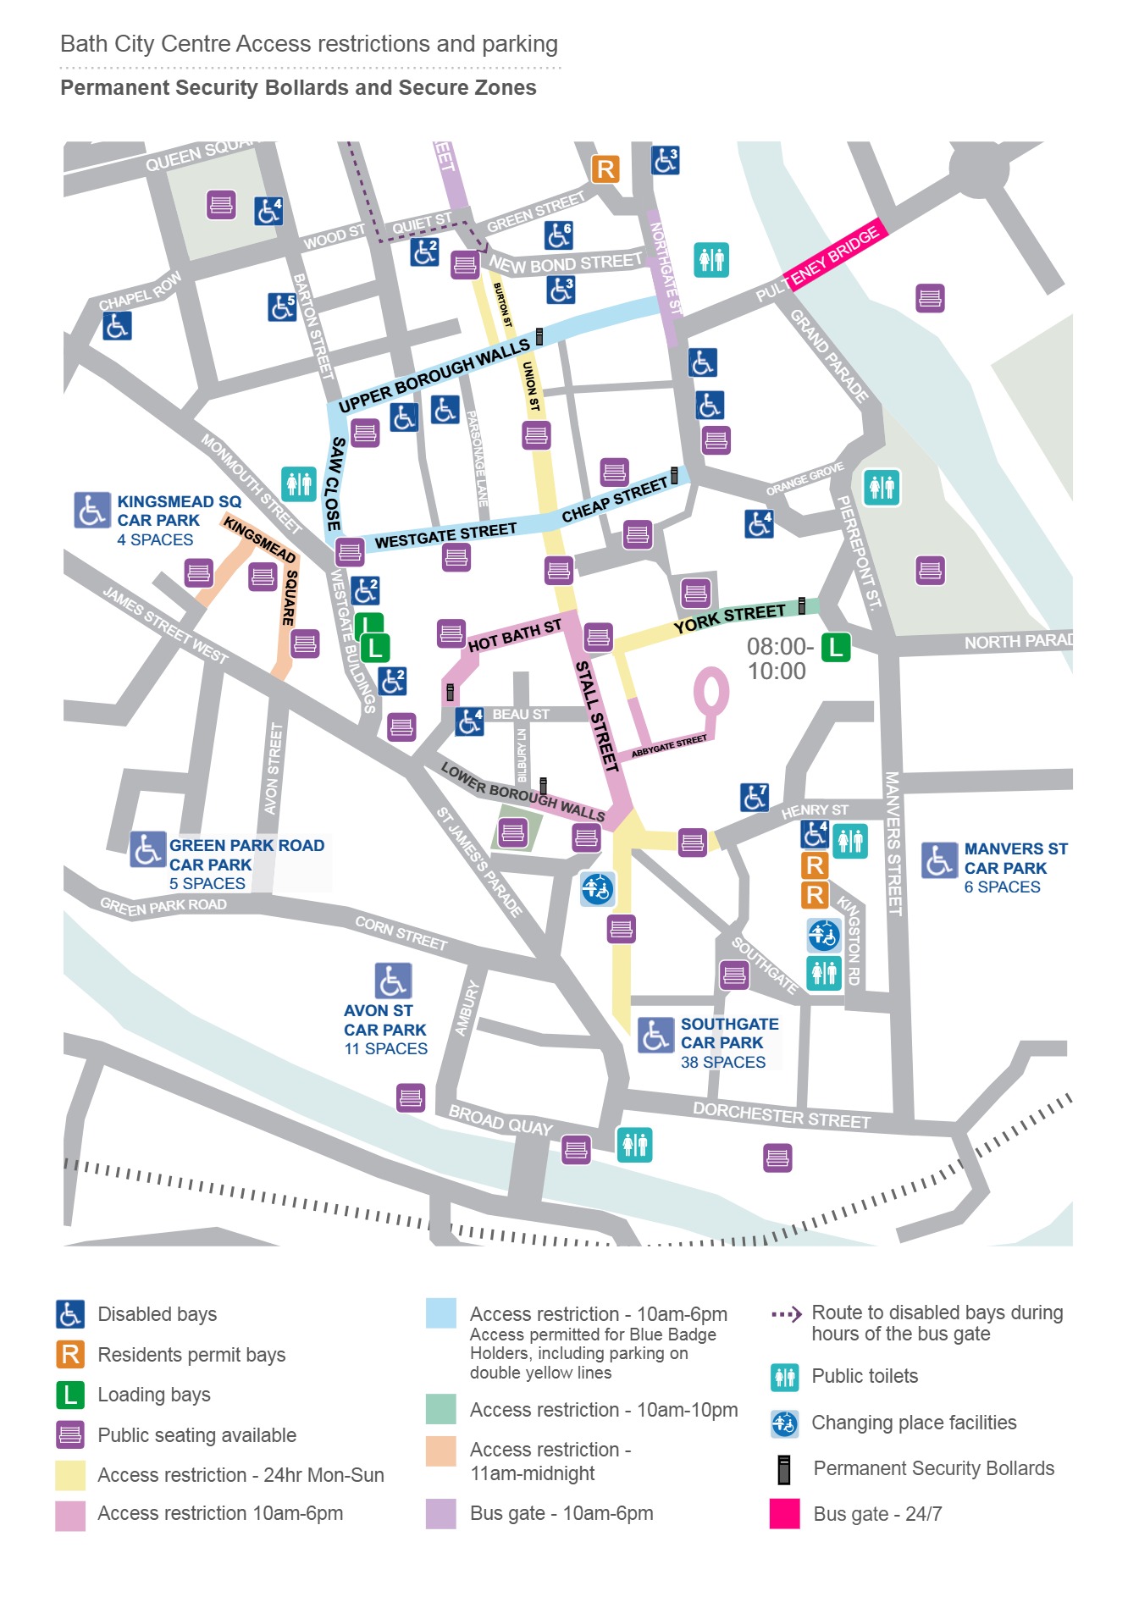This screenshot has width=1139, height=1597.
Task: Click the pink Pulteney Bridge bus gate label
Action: click(x=834, y=257)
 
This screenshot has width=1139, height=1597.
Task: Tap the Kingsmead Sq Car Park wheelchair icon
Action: click(x=91, y=511)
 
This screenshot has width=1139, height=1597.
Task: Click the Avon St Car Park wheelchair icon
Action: click(x=393, y=981)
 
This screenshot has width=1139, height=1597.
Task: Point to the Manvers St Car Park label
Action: click(x=1015, y=859)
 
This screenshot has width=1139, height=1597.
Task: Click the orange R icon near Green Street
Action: click(x=605, y=169)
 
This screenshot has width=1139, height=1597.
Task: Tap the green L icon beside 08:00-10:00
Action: click(x=835, y=648)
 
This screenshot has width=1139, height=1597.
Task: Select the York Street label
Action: click(x=729, y=618)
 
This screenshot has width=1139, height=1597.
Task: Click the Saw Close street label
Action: click(x=335, y=484)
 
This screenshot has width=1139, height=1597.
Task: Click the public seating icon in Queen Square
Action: click(x=221, y=204)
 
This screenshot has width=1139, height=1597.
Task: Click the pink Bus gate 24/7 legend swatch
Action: click(x=784, y=1513)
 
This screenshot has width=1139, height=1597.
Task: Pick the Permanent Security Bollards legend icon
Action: click(x=784, y=1469)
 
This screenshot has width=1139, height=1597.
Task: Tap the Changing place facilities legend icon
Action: click(x=784, y=1423)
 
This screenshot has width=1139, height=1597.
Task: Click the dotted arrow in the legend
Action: click(x=786, y=1315)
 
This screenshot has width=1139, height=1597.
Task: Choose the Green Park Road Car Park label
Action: click(x=246, y=855)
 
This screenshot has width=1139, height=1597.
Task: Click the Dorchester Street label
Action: click(x=781, y=1115)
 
